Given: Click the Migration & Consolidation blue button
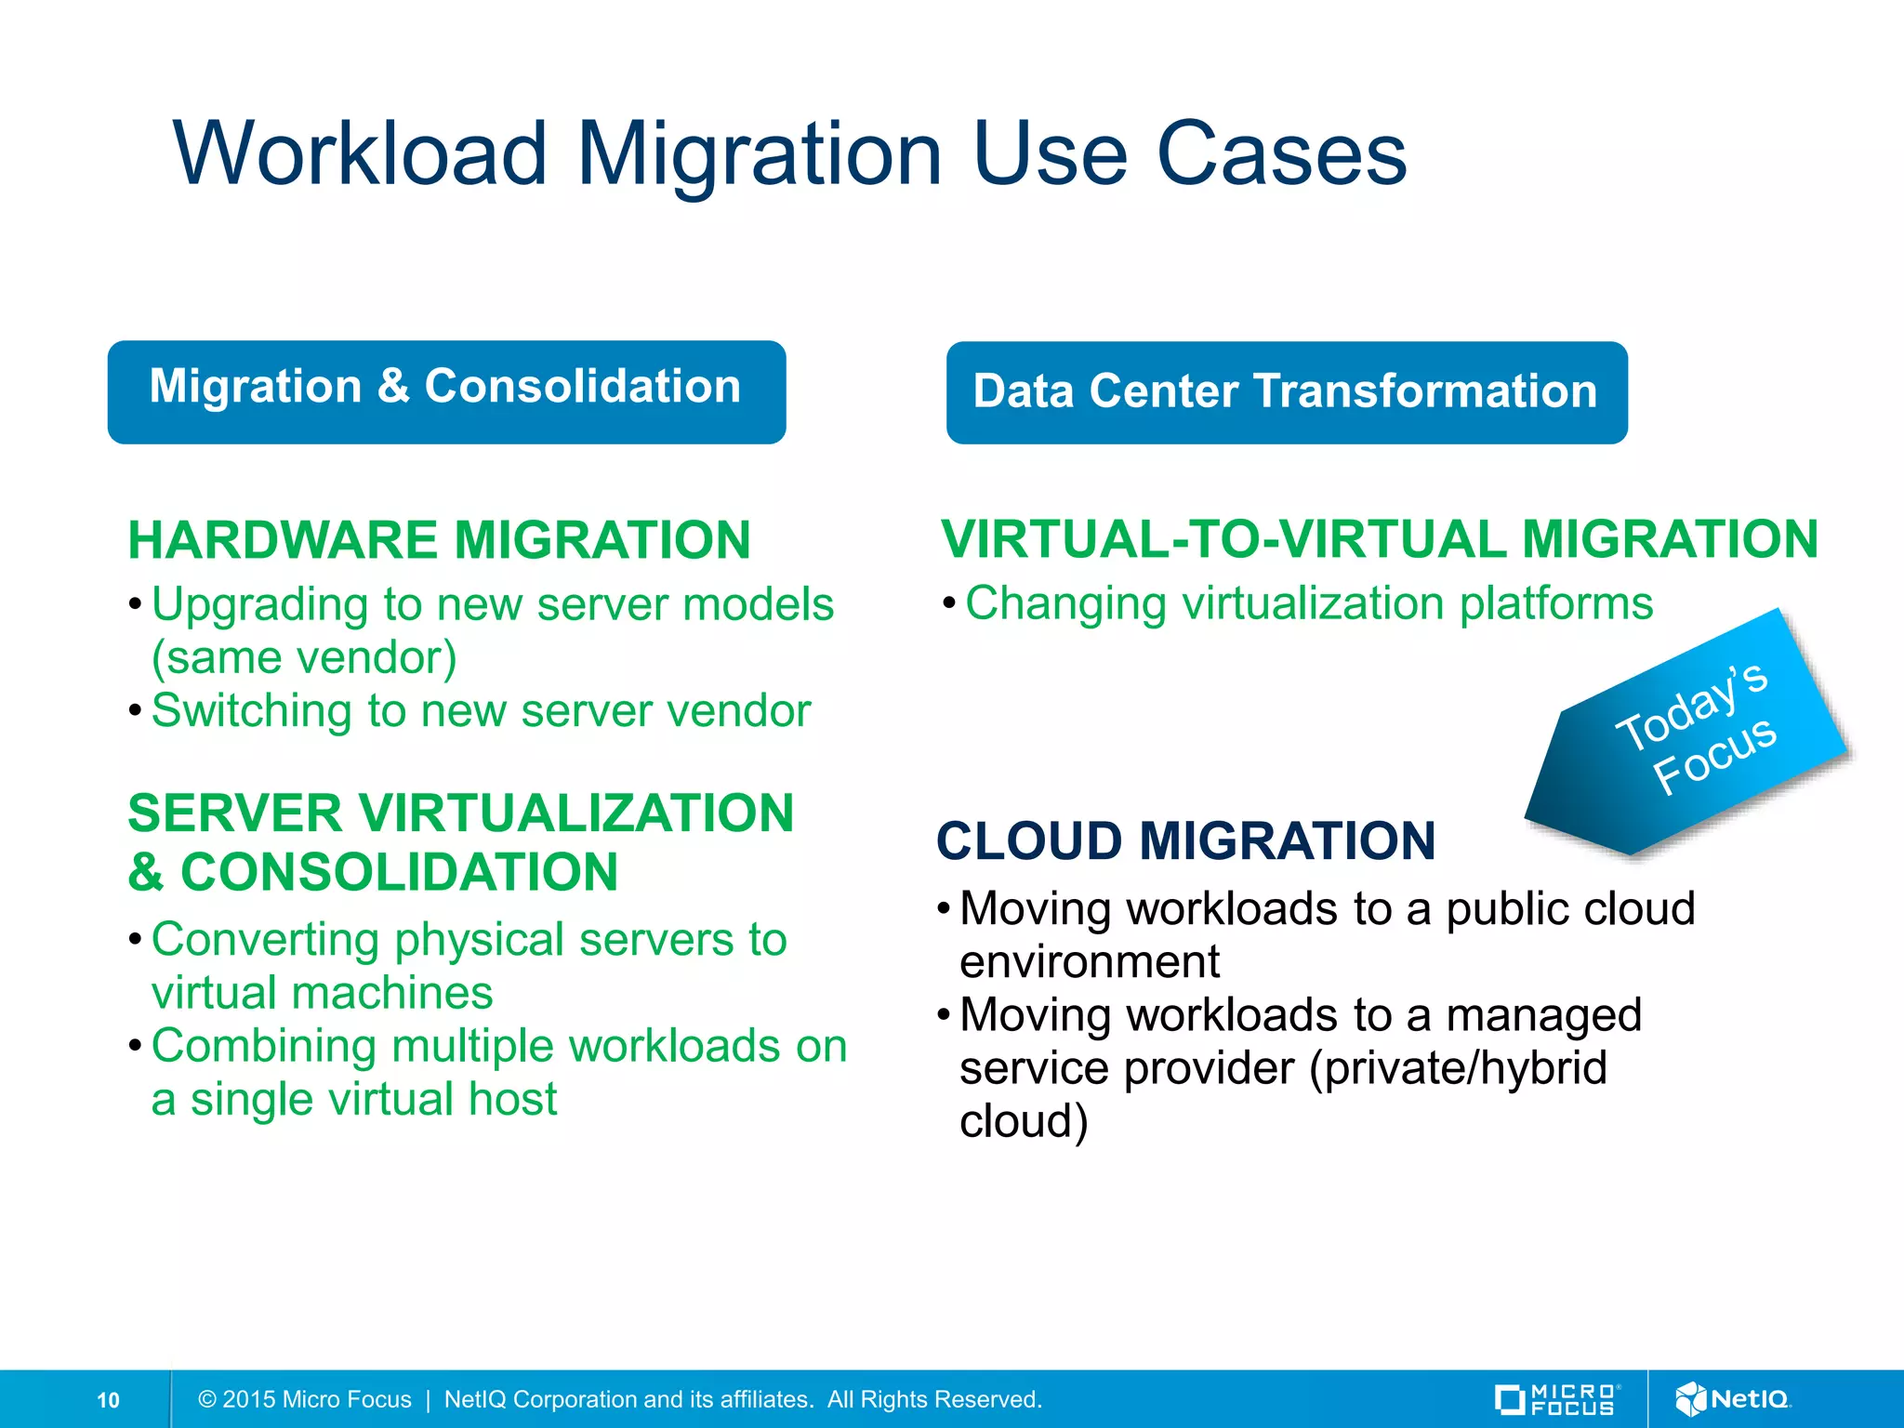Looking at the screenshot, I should click(446, 391).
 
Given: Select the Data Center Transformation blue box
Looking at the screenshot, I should click(1286, 392).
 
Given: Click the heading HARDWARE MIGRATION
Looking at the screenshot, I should click(439, 540).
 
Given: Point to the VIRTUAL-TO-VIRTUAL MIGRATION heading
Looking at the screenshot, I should click(1379, 539).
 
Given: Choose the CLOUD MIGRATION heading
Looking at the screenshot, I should click(1185, 841).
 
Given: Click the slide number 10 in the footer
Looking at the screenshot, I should click(108, 1400).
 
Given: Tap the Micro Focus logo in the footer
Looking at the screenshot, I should click(1557, 1400).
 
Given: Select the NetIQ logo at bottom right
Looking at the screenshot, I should click(1732, 1399).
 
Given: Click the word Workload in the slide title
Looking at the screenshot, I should click(360, 154).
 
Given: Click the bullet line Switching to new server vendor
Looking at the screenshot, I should click(481, 711).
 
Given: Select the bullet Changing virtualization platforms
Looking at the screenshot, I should click(1309, 603).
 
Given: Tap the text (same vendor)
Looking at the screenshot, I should click(304, 657).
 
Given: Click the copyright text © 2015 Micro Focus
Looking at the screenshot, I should click(305, 1400).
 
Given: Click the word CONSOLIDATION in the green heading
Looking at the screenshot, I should click(399, 872).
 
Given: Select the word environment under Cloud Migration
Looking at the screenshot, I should click(1090, 961).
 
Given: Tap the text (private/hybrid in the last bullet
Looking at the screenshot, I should click(1458, 1068).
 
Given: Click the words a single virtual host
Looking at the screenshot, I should click(354, 1099).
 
